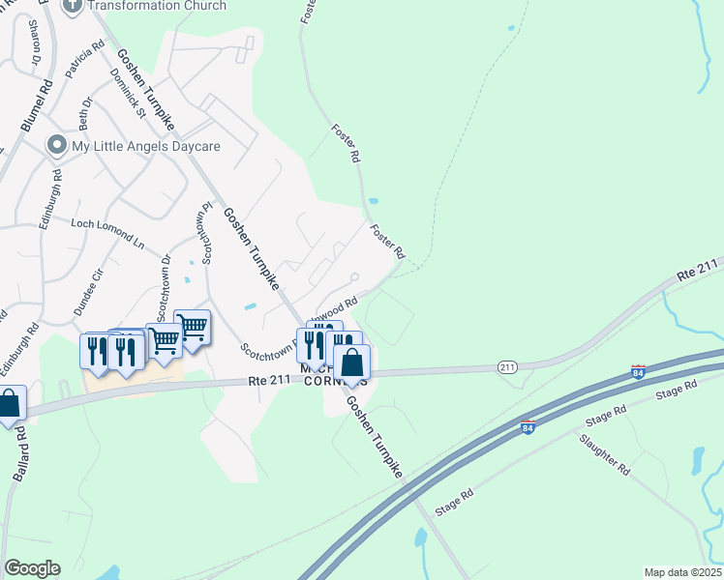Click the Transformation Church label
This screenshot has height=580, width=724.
point(157,6)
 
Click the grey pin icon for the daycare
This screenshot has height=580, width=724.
point(57,147)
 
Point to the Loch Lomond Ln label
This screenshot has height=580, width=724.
point(107,234)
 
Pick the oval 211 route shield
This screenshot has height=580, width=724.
point(507,367)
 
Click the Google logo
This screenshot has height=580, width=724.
point(32,568)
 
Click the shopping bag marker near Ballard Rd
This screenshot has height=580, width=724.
point(9,404)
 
